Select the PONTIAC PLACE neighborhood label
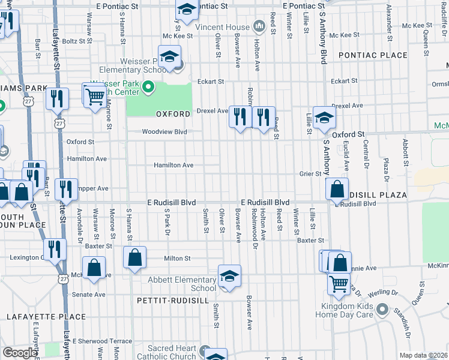click(372, 55)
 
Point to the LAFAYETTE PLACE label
click(38, 316)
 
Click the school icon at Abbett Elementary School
click(229, 277)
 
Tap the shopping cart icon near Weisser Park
click(94, 95)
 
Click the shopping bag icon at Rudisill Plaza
click(337, 189)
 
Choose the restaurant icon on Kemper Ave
click(66, 189)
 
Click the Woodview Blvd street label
click(164, 132)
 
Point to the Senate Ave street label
click(89, 295)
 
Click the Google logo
click(20, 353)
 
